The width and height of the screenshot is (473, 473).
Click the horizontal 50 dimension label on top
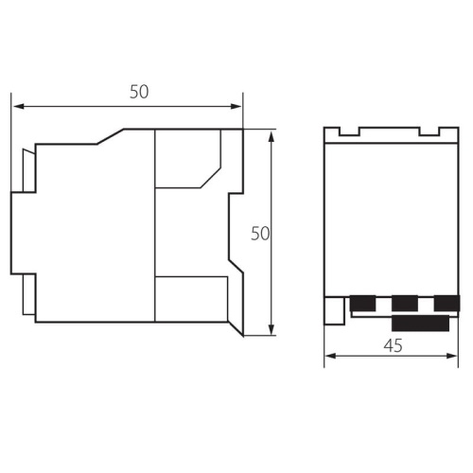[140, 92]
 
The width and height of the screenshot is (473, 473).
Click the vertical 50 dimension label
[261, 233]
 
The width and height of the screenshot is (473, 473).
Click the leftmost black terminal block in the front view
[361, 304]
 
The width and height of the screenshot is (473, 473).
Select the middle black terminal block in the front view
[405, 304]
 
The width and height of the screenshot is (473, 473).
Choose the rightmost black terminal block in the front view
[447, 304]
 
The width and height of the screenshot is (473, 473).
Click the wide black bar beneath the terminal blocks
[421, 324]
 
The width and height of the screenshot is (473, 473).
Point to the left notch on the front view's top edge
[349, 133]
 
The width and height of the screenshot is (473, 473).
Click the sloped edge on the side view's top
[111, 137]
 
